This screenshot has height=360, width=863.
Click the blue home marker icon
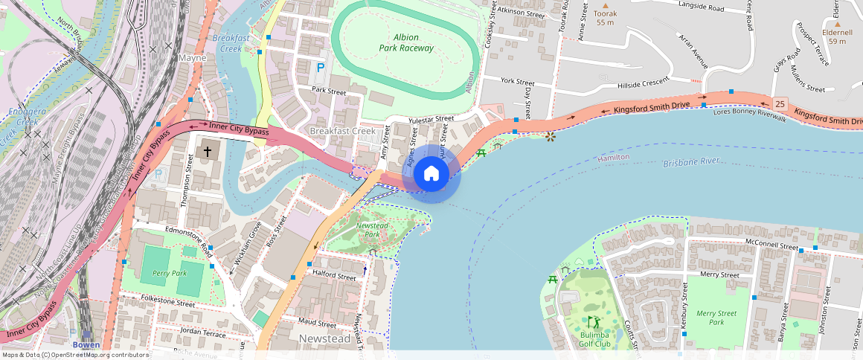tap(431, 173)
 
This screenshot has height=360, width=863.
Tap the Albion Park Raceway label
tap(405, 42)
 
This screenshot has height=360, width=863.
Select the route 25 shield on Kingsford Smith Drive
tap(780, 103)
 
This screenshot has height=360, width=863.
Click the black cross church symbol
tap(208, 152)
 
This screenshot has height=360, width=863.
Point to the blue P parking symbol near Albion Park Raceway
tap(321, 68)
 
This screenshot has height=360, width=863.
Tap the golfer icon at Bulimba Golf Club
tap(593, 322)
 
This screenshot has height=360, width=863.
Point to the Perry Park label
tap(170, 273)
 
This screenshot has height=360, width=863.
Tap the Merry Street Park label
tap(716, 318)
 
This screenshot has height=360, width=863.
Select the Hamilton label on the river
tap(614, 158)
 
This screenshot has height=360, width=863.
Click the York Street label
tap(518, 81)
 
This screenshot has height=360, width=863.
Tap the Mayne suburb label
tap(192, 57)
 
